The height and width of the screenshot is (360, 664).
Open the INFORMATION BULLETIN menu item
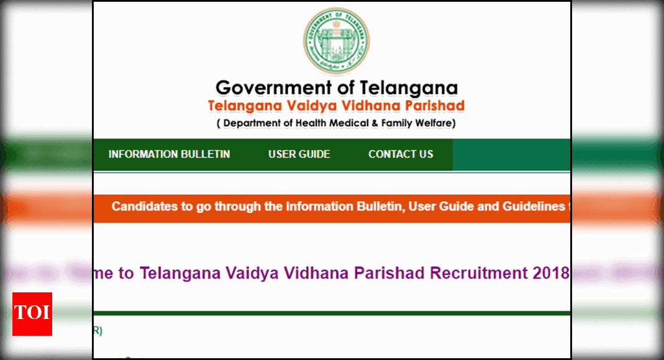[169, 155]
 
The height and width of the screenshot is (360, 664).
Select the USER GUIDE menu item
[299, 155]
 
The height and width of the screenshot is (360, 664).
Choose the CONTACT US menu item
[401, 155]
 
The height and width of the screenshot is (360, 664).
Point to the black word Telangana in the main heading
[409, 88]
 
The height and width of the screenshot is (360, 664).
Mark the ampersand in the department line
[375, 123]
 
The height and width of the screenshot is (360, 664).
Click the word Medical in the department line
[350, 123]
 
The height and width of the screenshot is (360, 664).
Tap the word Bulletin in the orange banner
[375, 207]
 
